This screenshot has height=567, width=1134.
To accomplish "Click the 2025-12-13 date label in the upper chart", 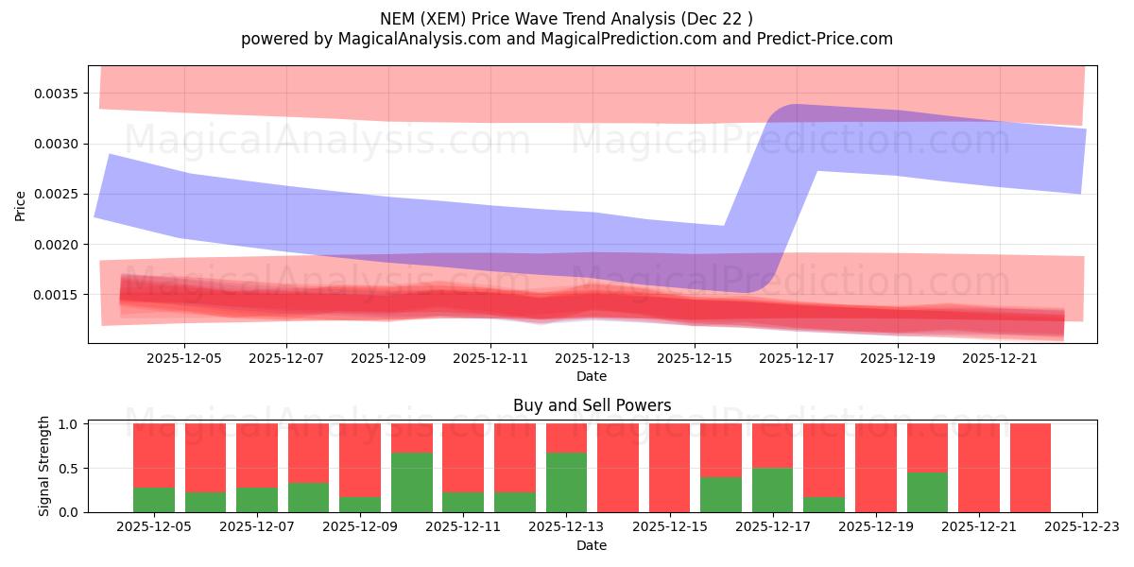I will [x=592, y=359].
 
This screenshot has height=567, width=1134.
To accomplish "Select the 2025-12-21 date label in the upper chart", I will [x=1000, y=359].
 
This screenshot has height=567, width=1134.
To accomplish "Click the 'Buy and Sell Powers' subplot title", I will [x=592, y=405].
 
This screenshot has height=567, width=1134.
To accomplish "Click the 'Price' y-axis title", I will [x=21, y=205].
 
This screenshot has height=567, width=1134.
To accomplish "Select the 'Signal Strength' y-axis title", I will [x=44, y=467].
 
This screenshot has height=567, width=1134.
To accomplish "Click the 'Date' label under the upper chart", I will [x=592, y=376].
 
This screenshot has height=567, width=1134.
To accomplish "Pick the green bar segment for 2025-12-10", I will [x=412, y=482].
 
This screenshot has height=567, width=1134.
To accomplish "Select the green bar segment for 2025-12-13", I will [x=567, y=482].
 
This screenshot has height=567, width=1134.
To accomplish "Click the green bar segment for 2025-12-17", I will [x=773, y=490].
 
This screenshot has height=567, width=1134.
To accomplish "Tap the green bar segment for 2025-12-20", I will [x=927, y=491].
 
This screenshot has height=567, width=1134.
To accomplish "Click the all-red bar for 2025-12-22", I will [x=1030, y=468].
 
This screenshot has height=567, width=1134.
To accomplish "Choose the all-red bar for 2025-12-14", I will [x=618, y=468].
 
